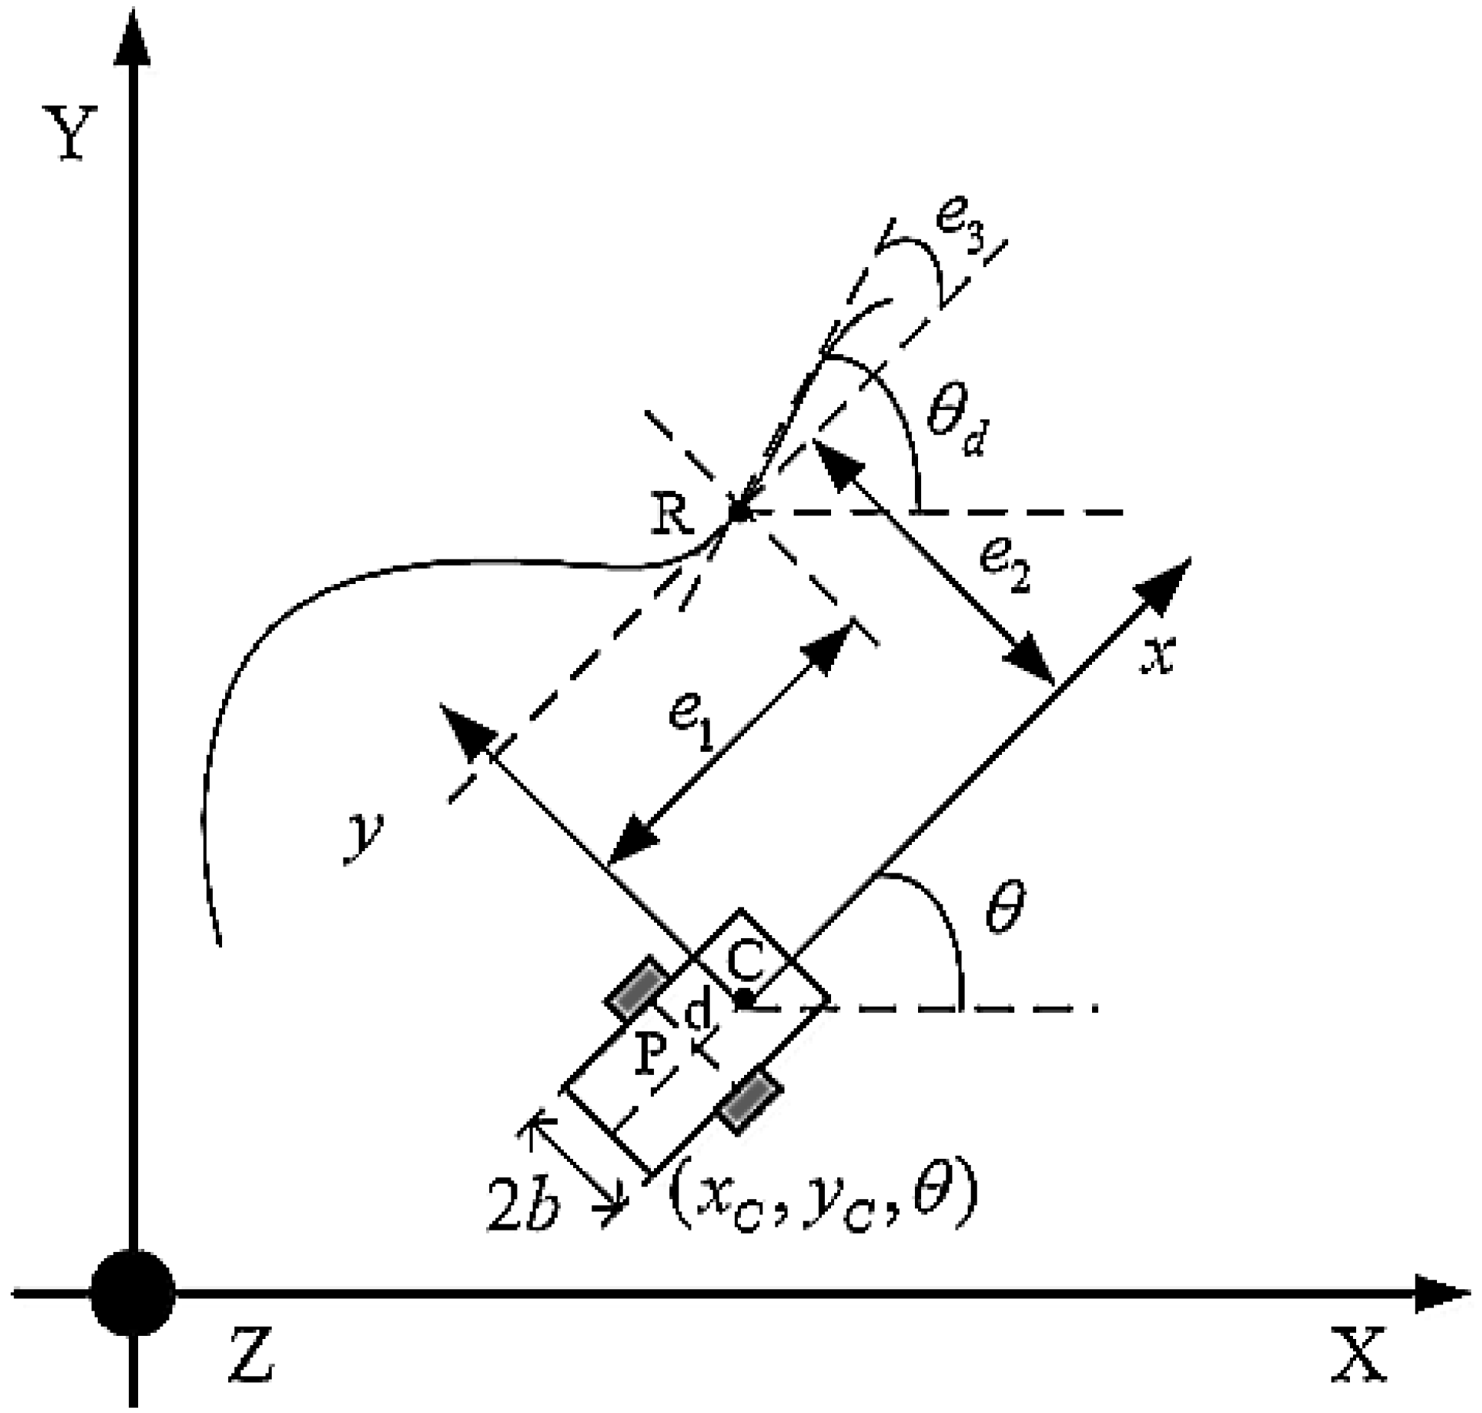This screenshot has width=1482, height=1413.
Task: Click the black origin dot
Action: [133, 1292]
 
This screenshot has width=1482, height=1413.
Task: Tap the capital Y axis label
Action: [74, 134]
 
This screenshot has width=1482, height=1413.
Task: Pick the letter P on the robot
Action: [650, 1054]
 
